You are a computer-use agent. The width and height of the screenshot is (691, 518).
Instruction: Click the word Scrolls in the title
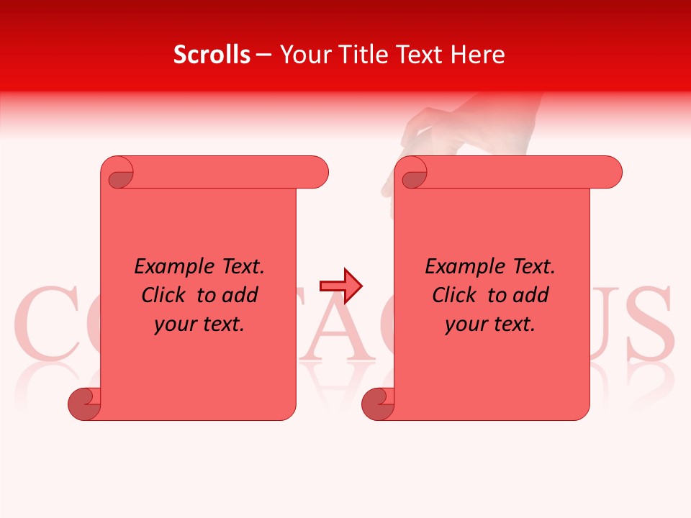tap(212, 55)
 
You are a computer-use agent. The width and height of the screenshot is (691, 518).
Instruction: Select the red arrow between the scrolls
tap(341, 286)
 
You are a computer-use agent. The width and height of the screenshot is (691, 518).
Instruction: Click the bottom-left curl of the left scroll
tap(85, 404)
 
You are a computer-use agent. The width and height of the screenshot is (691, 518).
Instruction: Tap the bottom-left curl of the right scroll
tap(379, 404)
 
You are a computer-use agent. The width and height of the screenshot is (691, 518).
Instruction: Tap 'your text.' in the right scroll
tap(490, 324)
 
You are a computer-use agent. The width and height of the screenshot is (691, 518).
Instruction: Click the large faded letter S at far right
tap(651, 324)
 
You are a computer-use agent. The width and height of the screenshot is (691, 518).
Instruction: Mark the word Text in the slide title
tap(420, 55)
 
